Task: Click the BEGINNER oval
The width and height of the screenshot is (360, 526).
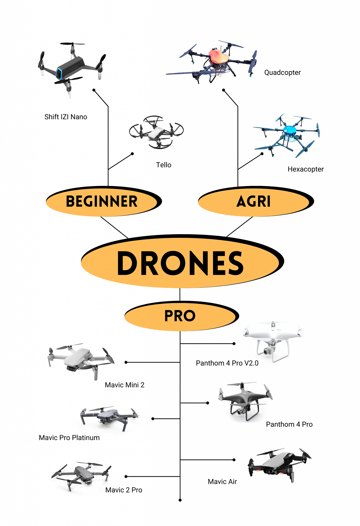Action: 102,202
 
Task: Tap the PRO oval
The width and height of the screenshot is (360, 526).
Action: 180,316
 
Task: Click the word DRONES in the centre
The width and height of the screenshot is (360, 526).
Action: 180,263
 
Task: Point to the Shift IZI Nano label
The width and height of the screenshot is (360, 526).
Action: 66,117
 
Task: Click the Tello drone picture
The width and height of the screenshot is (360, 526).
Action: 156,132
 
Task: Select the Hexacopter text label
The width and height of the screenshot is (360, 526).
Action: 305,169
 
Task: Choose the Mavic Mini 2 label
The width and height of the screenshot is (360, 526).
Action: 124,385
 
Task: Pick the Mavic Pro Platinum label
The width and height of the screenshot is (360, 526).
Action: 69,438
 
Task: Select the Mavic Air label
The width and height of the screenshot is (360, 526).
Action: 222,482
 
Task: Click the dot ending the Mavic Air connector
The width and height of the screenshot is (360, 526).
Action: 234,460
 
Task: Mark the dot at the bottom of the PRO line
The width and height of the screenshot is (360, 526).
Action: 180,500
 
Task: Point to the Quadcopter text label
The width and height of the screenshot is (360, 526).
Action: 282,73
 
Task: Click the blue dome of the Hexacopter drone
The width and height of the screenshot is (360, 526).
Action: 289,130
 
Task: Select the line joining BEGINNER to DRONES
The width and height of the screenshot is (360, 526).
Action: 115,228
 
